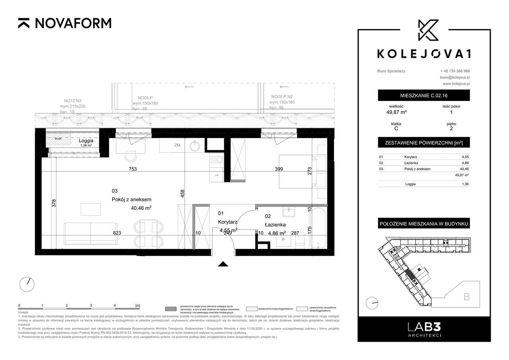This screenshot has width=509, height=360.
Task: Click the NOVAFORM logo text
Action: [73, 23]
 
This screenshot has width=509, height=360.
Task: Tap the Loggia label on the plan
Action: [86, 140]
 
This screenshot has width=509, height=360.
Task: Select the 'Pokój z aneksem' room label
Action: [131, 200]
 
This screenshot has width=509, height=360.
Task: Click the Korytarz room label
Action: [227, 222]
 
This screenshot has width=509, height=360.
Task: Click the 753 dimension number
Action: [132, 169]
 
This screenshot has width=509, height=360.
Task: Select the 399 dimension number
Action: [279, 169]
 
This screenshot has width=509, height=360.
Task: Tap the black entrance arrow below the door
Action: [223, 263]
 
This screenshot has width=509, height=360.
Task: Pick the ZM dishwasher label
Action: [177, 146]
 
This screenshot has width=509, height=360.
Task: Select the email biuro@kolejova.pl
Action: [455, 77]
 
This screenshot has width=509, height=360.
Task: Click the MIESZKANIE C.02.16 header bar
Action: [424, 95]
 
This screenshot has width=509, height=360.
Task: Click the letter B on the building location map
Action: [467, 296]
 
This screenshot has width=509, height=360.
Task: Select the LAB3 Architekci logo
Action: [424, 329]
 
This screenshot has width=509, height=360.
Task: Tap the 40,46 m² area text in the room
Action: [141, 207]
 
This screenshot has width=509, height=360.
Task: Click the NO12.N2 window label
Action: [70, 101]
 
